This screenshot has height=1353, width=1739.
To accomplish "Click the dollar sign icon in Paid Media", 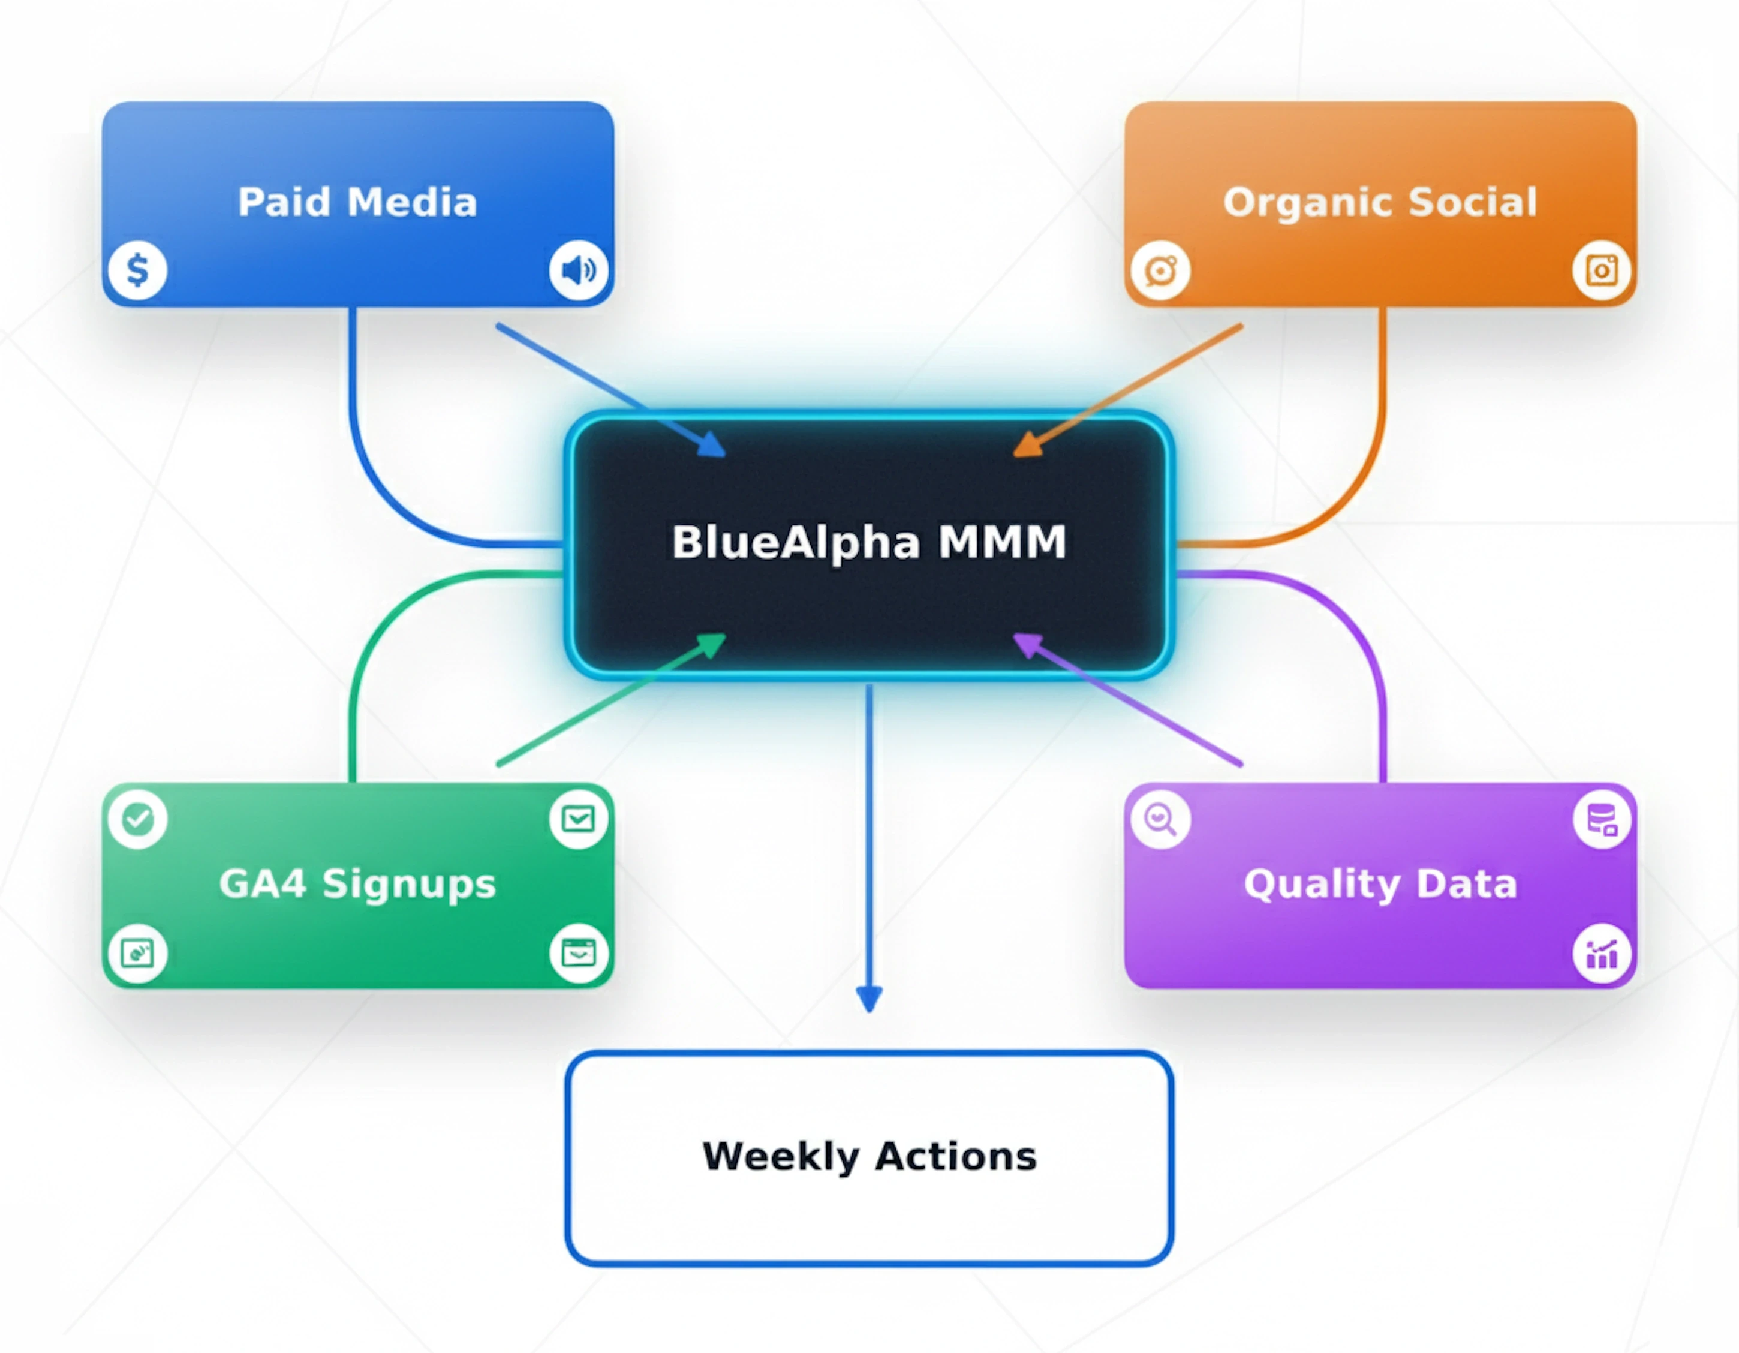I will point(138,270).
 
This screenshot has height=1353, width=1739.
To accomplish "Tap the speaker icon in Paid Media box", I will point(579,270).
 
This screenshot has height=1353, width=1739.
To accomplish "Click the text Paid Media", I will point(357,202).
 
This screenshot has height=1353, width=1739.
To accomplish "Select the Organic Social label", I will point(1380,202).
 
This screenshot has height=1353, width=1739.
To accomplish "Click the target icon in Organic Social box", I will point(1161,270).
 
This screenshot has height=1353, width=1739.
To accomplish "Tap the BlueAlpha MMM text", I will point(869,542).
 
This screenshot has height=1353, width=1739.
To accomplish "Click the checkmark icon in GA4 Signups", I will point(138,819).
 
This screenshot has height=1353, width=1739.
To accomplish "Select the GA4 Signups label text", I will point(357,884).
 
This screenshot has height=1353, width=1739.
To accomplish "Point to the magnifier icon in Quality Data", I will point(1161,819).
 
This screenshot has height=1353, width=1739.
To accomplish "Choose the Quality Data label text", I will point(1380,884).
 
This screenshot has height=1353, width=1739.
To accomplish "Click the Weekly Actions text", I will point(869,1156).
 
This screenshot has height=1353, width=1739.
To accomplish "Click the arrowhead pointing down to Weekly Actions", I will point(869,998).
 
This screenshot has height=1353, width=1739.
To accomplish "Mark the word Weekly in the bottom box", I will point(780,1156).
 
